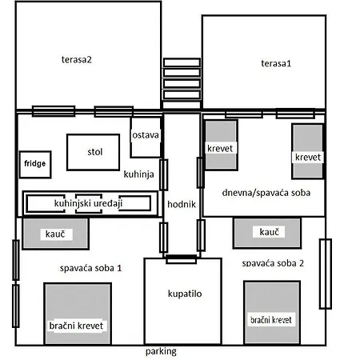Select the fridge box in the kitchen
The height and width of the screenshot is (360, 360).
[x=34, y=165]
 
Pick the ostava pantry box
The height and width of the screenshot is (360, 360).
[x=146, y=136]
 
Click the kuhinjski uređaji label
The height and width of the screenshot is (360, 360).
[x=87, y=203]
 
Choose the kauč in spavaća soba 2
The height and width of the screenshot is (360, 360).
[x=267, y=232]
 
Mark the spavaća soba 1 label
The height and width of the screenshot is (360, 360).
[x=90, y=267]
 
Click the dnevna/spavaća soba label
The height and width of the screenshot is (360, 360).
[x=266, y=192]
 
